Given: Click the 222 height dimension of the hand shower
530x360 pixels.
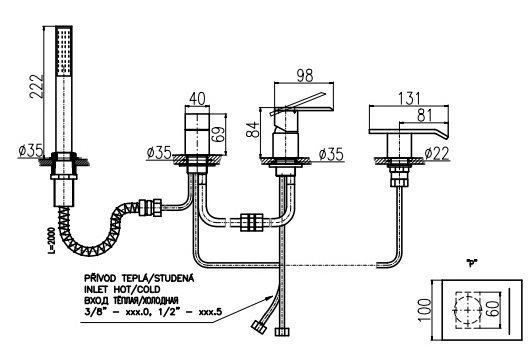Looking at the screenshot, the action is click(x=37, y=86).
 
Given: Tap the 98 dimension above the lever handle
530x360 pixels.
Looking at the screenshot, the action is click(x=305, y=76).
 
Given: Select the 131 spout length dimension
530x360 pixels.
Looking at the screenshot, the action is click(x=409, y=98).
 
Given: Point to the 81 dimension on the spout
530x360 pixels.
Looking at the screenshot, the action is click(x=425, y=115).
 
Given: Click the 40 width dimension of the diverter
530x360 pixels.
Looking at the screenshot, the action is click(x=197, y=99).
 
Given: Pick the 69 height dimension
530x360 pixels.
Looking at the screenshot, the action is click(x=219, y=135).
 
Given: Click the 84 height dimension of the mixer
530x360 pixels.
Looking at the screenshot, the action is click(x=253, y=129).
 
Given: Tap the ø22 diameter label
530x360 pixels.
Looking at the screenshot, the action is click(x=437, y=154).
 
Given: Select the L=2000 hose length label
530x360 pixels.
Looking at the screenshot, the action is click(x=51, y=239).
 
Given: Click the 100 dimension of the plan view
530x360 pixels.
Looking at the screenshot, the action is click(x=425, y=310).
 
